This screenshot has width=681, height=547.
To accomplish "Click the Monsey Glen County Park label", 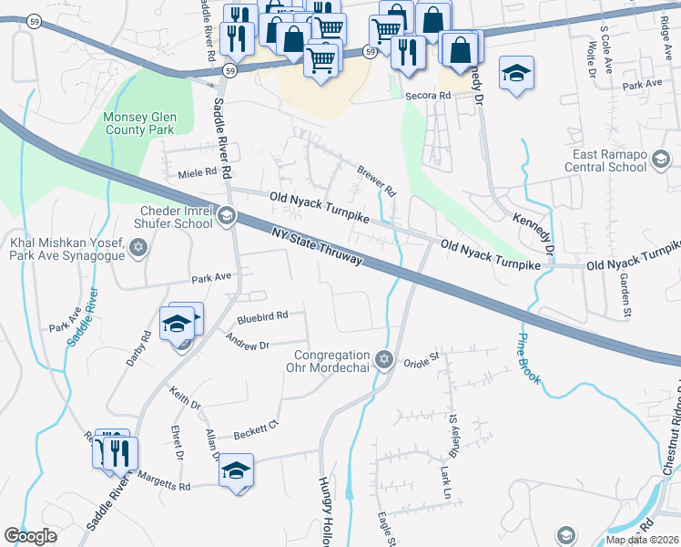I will [x=138, y=124].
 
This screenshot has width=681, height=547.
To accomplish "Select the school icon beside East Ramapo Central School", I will [x=661, y=161].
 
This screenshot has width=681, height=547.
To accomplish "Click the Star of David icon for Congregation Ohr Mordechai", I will [x=384, y=356].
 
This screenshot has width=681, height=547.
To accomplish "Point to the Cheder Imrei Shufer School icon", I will [x=226, y=217].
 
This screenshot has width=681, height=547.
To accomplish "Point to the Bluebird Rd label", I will [x=262, y=316].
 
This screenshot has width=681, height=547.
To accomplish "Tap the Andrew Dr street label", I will [x=248, y=344].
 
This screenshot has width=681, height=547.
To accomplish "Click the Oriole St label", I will [x=422, y=358].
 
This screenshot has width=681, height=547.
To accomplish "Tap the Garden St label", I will [x=625, y=297].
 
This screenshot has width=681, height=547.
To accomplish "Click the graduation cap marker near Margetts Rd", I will [x=236, y=470].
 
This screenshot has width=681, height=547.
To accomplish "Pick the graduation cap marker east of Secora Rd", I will [x=516, y=73].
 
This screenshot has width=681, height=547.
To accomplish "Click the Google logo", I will [x=31, y=536].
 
